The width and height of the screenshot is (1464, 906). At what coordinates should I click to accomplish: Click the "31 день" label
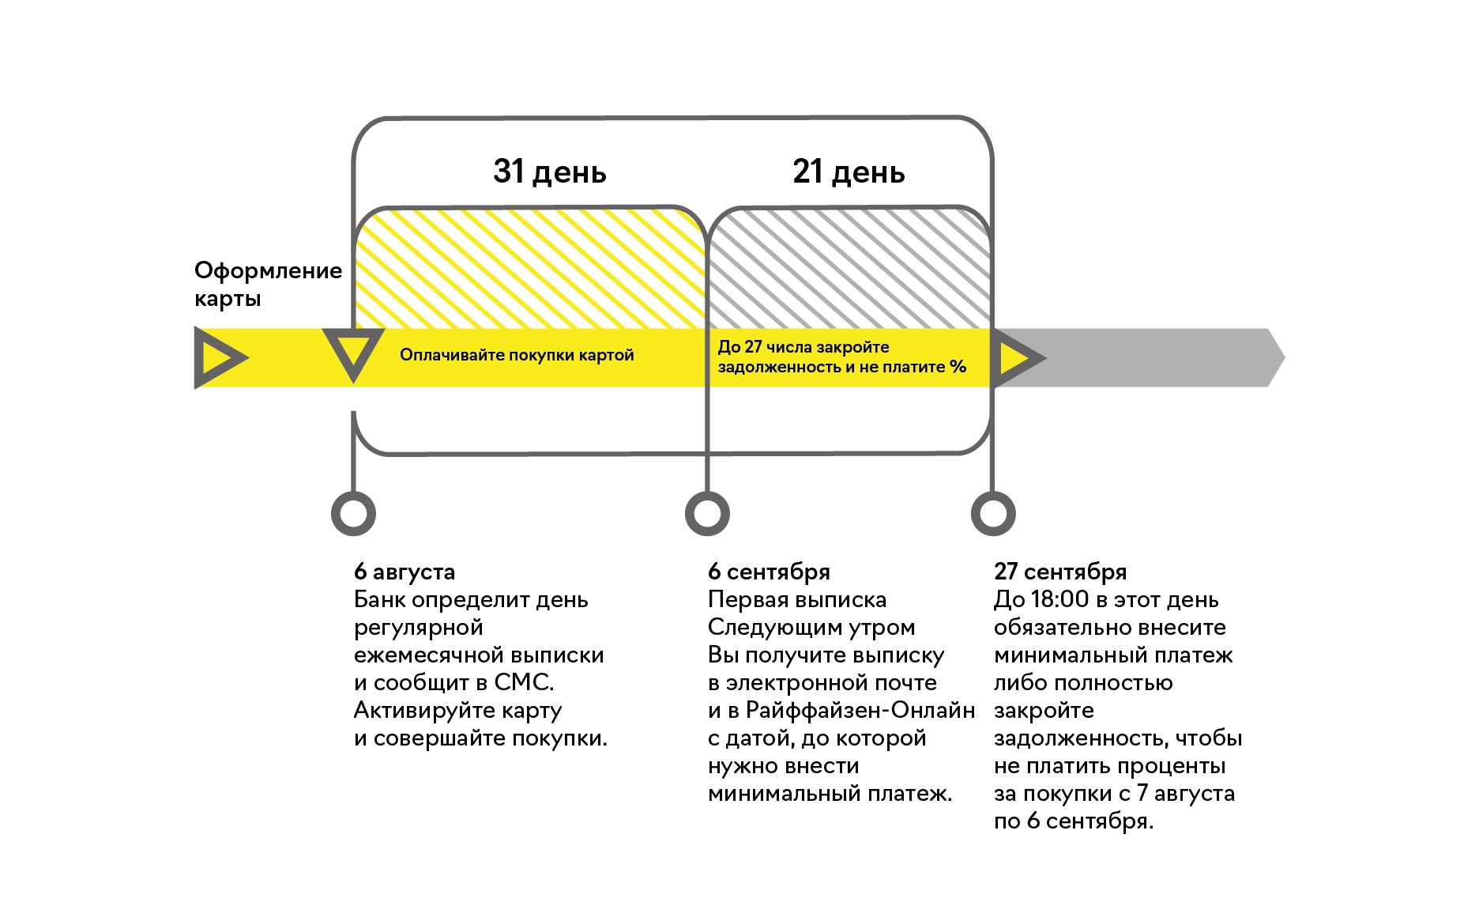pos(549,172)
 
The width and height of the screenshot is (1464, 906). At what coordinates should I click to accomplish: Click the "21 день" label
pos(849,172)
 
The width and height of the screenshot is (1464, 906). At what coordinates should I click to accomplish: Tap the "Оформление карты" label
pos(268,284)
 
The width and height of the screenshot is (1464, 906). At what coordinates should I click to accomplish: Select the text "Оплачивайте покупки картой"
pos(517,355)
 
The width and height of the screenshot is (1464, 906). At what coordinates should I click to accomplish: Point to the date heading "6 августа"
pos(405,572)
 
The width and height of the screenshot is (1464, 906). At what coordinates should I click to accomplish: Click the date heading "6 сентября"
pos(769,572)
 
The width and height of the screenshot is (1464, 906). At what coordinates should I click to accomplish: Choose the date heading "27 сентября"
pos(1060,572)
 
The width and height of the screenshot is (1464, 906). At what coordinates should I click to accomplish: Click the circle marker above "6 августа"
pos(353,514)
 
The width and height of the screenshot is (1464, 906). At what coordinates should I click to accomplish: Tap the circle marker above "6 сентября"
pos(707,514)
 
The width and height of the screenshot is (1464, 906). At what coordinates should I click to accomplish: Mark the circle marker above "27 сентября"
pos(993,514)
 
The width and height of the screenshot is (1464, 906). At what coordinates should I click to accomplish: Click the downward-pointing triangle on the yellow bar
pos(353,353)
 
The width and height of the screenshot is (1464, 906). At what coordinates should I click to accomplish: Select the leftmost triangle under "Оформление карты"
pos(218,358)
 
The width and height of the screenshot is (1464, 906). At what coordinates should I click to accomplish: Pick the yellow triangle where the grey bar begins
pos(1016,358)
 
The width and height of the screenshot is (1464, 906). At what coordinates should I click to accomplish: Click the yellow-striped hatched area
pos(529,269)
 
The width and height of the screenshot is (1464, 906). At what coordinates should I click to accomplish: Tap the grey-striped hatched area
pos(849,269)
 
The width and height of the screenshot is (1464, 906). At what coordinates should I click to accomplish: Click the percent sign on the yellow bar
pos(958,367)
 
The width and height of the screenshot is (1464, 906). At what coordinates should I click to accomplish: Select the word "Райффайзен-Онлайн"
pos(860,710)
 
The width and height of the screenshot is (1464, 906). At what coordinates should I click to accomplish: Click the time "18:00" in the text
pos(1059,599)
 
